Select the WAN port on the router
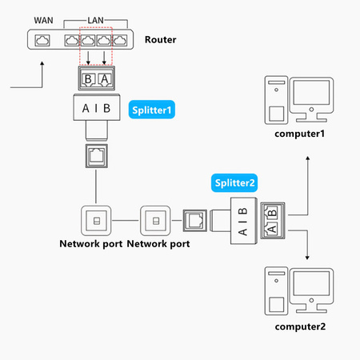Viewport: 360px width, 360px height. click(x=43, y=39)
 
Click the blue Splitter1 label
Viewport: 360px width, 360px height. click(x=152, y=107)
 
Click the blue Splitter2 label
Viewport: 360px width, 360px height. click(x=234, y=182)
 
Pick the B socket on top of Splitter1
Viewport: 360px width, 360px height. click(x=88, y=78)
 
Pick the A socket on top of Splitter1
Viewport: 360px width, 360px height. click(x=103, y=78)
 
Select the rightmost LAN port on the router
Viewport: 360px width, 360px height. click(x=120, y=39)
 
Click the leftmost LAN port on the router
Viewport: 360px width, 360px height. click(x=71, y=39)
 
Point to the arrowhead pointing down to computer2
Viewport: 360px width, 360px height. click(x=308, y=256)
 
